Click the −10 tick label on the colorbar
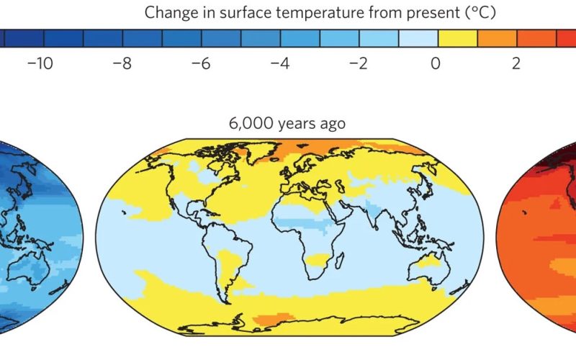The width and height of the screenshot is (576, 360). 40,63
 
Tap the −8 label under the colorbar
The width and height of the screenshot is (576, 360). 122,63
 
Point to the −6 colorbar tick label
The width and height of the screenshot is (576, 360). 201,63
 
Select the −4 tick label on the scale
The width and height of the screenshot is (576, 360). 280,63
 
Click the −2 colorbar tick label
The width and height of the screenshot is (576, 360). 359,63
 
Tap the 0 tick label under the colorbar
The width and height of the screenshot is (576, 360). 436,63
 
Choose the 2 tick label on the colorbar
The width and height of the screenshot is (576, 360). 516,63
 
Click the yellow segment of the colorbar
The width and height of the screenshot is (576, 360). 458,38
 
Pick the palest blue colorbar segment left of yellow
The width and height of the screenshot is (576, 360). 418,38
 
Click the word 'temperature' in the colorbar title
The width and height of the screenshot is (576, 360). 320,13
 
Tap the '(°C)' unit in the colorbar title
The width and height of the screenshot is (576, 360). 480,12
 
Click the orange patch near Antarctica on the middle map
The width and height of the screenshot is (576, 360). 274,319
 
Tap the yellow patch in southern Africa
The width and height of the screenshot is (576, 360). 318,260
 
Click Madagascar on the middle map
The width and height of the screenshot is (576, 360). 340,260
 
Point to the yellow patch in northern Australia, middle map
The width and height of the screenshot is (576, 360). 429,261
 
